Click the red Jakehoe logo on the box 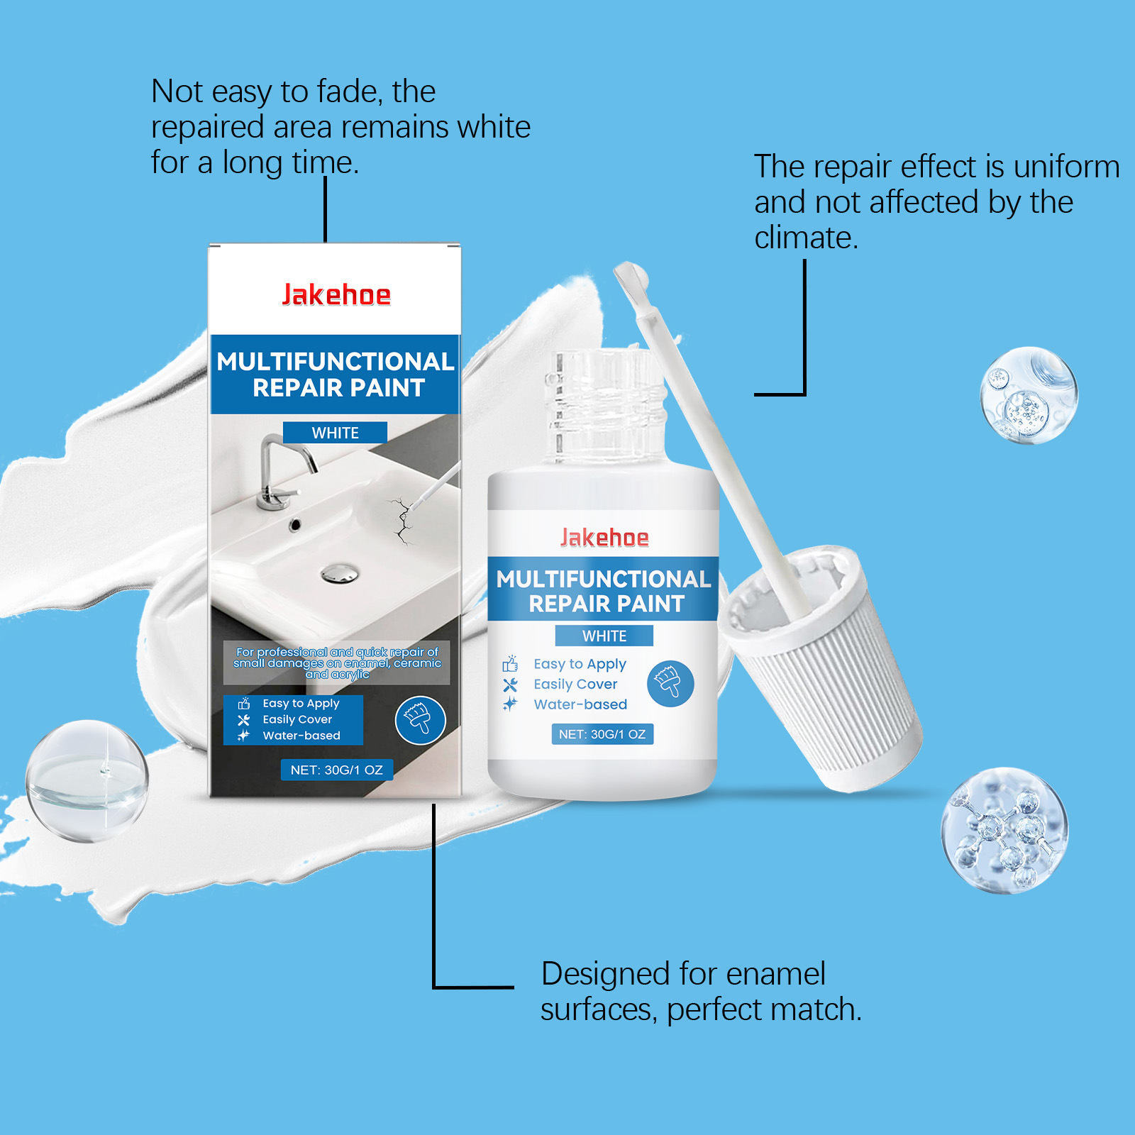[x=336, y=294]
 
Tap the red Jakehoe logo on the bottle [x=604, y=538]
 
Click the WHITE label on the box [x=335, y=433]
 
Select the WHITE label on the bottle [x=604, y=636]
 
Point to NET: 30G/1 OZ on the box [x=337, y=770]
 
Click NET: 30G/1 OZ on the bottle [x=602, y=734]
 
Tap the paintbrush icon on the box [x=421, y=719]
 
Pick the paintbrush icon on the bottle [x=670, y=684]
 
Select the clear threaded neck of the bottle [x=604, y=408]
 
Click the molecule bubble [x=1004, y=830]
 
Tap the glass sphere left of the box [x=87, y=781]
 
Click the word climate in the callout [x=806, y=238]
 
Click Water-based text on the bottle [x=580, y=704]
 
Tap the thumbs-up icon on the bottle [x=510, y=664]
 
